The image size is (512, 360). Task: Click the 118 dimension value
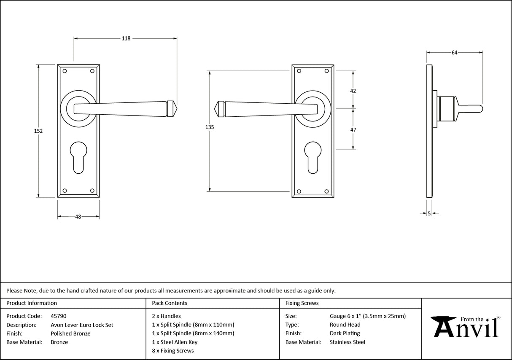click(x=126, y=38)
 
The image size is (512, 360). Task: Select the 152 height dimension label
click(x=38, y=131)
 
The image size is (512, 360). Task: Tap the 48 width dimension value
click(x=78, y=217)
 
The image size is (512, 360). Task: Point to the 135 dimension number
click(x=210, y=127)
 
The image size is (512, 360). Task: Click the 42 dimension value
click(x=353, y=91)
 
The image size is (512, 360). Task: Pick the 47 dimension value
click(x=353, y=130)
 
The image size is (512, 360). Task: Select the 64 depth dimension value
click(x=454, y=53)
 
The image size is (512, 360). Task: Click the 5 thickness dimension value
click(x=429, y=214)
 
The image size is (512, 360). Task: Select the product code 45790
click(x=58, y=316)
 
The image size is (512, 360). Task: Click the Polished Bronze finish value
click(x=70, y=333)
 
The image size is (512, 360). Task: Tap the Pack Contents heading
click(x=170, y=303)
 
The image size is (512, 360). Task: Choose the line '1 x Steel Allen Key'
click(x=175, y=342)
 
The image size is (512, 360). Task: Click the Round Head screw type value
click(x=345, y=325)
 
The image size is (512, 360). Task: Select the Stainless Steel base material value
click(x=347, y=342)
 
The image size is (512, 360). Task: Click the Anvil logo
click(x=466, y=327)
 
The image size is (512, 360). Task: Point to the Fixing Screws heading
click(x=302, y=303)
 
